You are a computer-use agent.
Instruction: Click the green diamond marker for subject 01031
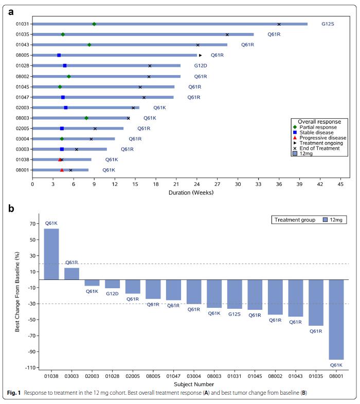[94, 24]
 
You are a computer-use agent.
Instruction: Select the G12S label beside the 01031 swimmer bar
[328, 24]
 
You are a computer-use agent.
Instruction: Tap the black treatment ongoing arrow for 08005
[201, 55]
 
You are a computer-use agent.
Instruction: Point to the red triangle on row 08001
[62, 170]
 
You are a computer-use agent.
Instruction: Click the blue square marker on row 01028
[65, 66]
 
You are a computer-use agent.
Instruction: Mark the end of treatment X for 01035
[227, 34]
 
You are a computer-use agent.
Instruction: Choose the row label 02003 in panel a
[23, 108]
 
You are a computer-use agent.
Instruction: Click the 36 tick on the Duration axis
[279, 184]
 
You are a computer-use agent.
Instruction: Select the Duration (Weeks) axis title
[191, 192]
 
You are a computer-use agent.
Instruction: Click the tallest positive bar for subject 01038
[51, 254]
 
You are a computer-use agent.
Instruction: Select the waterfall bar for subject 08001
[336, 320]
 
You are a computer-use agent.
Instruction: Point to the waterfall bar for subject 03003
[72, 274]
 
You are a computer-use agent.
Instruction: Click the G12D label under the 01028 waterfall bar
[112, 293]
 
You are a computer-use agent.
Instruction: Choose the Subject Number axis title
[194, 384]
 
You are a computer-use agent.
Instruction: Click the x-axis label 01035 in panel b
[316, 376]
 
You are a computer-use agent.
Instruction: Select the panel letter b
[11, 208]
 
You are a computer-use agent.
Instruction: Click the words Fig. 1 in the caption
[14, 393]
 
